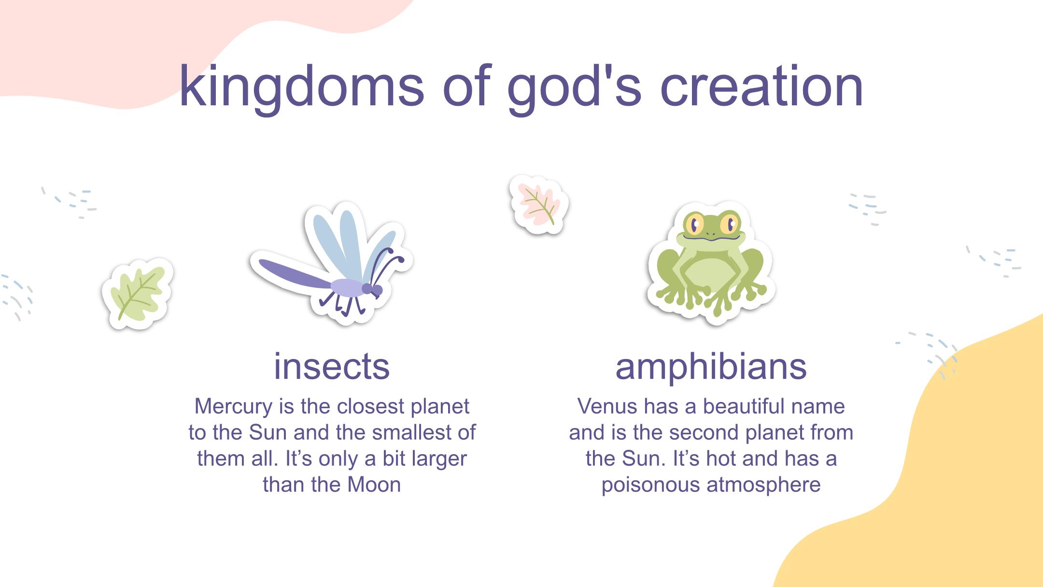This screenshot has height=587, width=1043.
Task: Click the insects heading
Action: pyautogui.click(x=332, y=366)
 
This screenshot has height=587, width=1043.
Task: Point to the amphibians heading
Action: pyautogui.click(x=711, y=367)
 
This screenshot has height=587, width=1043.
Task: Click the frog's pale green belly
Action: pyautogui.click(x=709, y=275)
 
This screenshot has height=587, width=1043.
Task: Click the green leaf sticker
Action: pyautogui.click(x=138, y=294)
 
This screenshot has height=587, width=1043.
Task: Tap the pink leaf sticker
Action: pyautogui.click(x=539, y=205)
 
